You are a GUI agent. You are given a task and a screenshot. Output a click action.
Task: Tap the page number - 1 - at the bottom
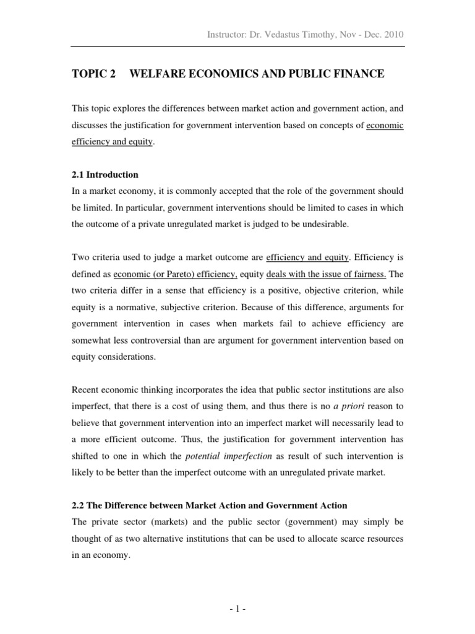tap(237, 609)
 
